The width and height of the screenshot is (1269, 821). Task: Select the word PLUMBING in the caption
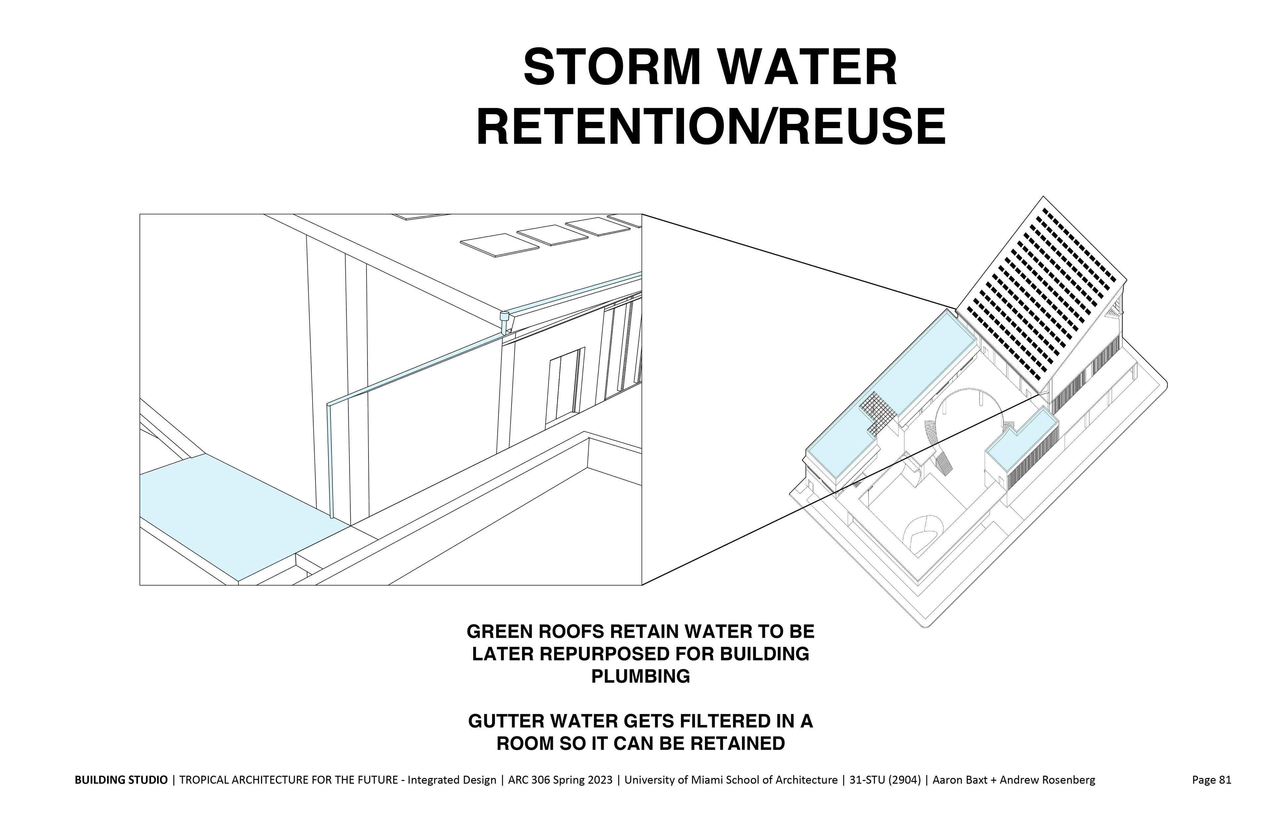coord(640,677)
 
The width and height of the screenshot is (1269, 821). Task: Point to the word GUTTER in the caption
coord(507,721)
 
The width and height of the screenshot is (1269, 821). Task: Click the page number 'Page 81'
coord(1211,780)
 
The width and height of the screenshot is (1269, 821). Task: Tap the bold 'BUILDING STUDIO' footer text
coord(121,780)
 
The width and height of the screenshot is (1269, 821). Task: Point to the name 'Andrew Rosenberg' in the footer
coord(1047,780)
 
